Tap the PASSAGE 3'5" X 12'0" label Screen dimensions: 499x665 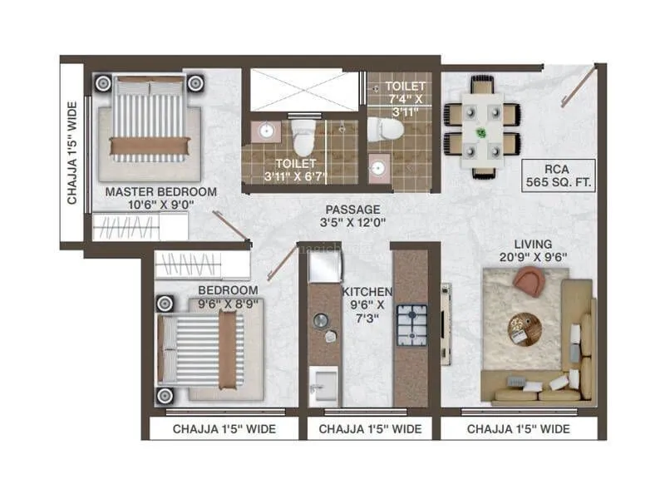pyautogui.click(x=352, y=215)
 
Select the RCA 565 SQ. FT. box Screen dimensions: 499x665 pyautogui.click(x=559, y=175)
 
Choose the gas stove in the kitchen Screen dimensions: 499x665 pyautogui.click(x=411, y=325)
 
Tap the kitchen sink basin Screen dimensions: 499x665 pyautogui.click(x=323, y=387)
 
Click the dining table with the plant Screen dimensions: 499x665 pyautogui.click(x=482, y=126)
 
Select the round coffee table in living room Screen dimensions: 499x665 pyautogui.click(x=525, y=328)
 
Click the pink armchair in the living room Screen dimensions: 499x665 pyautogui.click(x=530, y=282)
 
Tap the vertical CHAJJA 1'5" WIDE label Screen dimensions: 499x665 pyautogui.click(x=72, y=153)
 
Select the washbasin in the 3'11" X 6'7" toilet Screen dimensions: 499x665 pyautogui.click(x=268, y=132)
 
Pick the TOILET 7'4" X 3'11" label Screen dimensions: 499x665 pyautogui.click(x=407, y=99)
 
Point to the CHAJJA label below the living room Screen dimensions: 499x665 pyautogui.click(x=518, y=429)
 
